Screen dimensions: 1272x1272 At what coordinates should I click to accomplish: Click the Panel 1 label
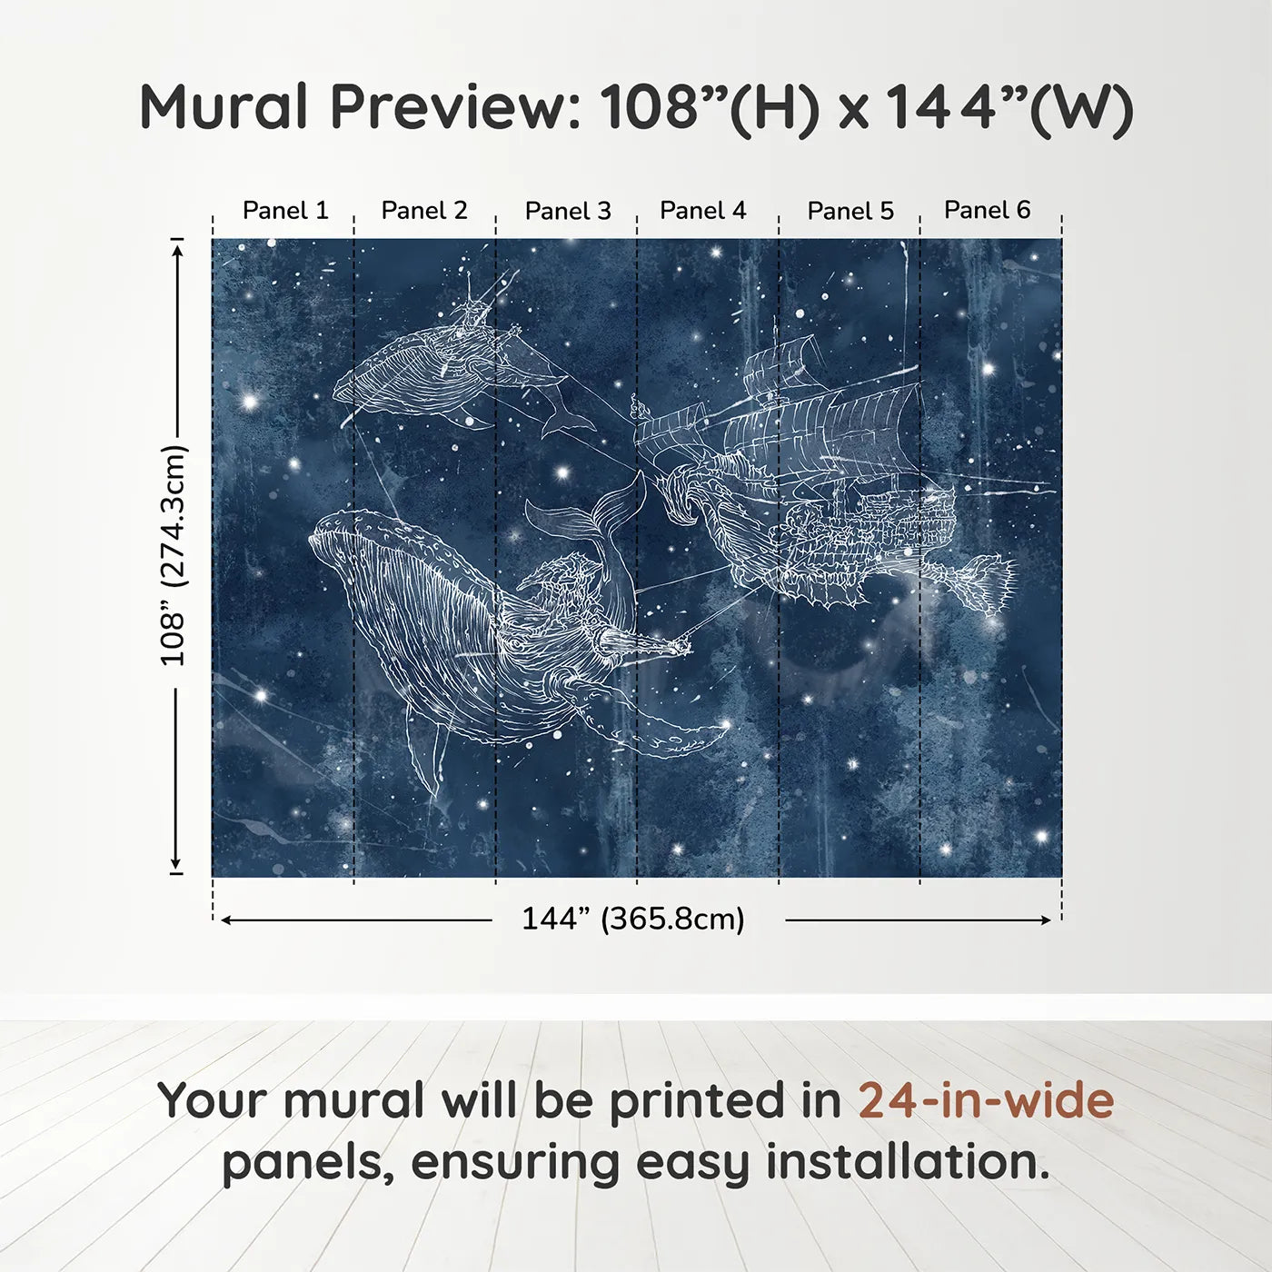click(x=285, y=210)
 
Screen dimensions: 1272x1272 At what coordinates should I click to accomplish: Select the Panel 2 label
click(x=424, y=210)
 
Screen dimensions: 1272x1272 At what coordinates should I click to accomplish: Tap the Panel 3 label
click(x=568, y=211)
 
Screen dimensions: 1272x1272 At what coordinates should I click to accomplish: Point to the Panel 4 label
click(x=702, y=210)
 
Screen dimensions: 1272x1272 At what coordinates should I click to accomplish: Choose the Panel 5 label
click(x=850, y=211)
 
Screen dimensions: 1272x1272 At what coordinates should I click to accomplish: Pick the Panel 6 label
click(x=987, y=210)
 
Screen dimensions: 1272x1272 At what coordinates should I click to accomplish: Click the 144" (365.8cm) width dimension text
click(x=632, y=919)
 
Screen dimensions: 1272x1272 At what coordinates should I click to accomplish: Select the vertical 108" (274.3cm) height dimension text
click(x=173, y=555)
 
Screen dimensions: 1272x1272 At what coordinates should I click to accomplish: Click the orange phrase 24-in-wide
click(x=986, y=1099)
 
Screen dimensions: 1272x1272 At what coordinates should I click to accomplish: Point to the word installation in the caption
click(x=907, y=1162)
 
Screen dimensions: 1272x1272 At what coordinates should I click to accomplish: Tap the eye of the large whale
click(x=516, y=643)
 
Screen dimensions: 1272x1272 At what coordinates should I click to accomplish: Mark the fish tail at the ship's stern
click(x=986, y=581)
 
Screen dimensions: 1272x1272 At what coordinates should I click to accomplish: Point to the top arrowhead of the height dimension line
click(x=177, y=247)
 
